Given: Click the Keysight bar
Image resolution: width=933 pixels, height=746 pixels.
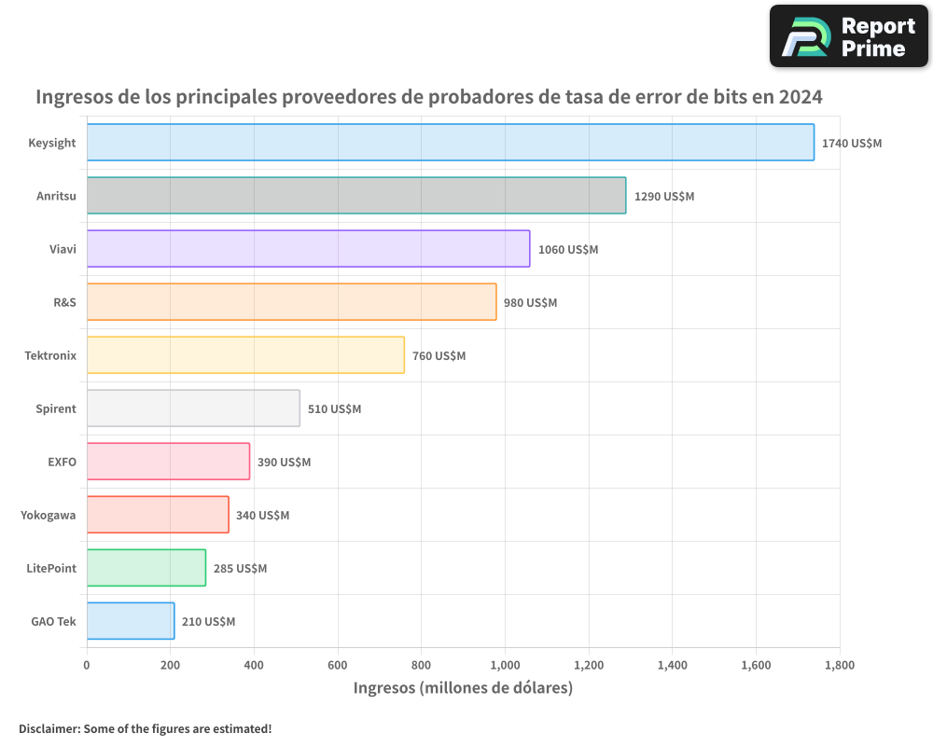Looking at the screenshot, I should [450, 143].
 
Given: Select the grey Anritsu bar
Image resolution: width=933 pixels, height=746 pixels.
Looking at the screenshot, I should [355, 196].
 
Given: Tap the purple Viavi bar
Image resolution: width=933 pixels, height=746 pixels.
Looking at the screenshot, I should [308, 249].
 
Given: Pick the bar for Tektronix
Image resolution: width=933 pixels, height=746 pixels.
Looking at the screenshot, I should [245, 355].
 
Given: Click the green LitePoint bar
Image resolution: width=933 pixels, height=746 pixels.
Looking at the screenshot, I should [146, 568].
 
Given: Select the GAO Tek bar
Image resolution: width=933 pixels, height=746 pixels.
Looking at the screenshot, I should [131, 621].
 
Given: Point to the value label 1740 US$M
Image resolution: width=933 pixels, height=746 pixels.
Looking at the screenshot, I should [851, 144].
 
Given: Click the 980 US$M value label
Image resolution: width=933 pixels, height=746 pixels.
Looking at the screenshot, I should [530, 303].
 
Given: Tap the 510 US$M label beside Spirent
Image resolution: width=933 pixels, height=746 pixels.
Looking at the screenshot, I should [334, 409].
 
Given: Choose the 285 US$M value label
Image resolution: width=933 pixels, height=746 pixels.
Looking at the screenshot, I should [240, 569].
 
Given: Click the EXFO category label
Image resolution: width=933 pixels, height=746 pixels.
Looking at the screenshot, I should [62, 462].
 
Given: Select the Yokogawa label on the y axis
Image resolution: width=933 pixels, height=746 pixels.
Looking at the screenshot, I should [49, 515].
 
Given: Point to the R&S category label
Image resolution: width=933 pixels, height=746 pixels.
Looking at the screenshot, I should [64, 302].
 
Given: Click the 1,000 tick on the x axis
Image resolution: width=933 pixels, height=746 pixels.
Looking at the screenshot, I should [505, 666].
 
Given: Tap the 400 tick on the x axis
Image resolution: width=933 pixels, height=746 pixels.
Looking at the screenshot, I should [254, 666].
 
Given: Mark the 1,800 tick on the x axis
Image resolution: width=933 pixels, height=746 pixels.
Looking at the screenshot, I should [839, 666].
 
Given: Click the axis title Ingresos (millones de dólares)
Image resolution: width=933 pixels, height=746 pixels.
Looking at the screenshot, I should [463, 688].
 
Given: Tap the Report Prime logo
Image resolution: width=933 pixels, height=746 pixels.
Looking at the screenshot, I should [848, 36].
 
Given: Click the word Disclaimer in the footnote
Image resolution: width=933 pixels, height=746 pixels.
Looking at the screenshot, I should [48, 728].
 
